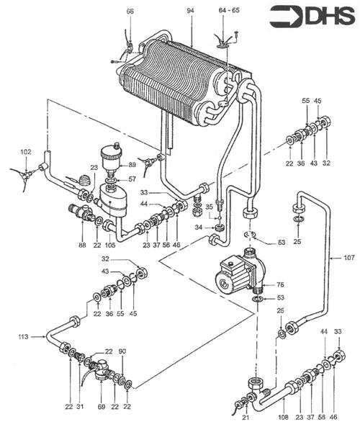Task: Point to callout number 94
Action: tap(191, 12)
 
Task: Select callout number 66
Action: tap(130, 12)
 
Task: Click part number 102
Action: tap(26, 153)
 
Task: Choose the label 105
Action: tap(110, 246)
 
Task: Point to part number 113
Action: tap(24, 336)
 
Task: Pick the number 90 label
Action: tap(122, 351)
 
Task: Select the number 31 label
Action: tap(80, 408)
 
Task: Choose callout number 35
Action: tap(209, 207)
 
